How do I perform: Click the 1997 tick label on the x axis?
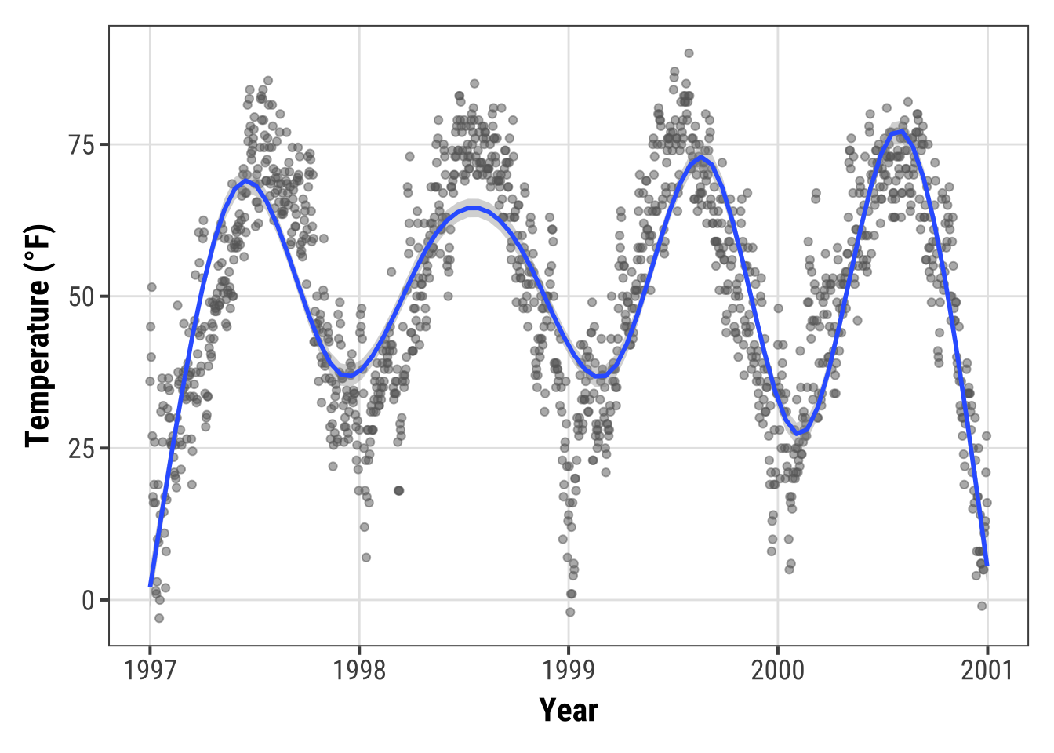coord(150,670)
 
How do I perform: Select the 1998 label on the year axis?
coord(359,670)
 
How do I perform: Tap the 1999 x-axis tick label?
coord(569,670)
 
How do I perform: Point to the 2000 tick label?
coord(778,670)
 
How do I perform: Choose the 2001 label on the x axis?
coord(987,670)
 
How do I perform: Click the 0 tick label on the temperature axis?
coord(88,601)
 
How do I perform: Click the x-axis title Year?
coord(569,711)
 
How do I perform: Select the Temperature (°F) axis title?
coord(38,336)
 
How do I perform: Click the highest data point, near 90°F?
coord(689,53)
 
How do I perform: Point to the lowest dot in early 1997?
coord(159,618)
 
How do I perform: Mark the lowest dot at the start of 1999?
coord(570,612)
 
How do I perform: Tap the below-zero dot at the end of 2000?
coord(982,606)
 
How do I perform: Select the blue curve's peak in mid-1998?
coord(473,208)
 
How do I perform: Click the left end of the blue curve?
coord(151,584)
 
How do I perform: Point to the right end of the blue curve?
coord(987,564)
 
